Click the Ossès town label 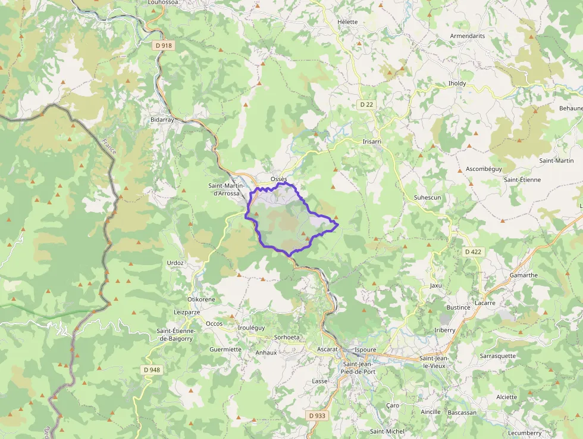pos(278,179)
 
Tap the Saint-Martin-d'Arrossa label pos(231,189)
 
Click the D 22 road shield pos(366,105)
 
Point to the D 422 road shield pos(473,252)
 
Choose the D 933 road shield pos(317,415)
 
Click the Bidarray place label pos(162,120)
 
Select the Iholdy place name pos(457,84)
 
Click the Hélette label pos(347,22)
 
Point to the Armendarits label pos(468,36)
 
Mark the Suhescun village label pos(427,197)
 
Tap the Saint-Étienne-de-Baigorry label pos(175,335)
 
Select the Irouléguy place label pos(251,328)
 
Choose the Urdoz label pos(175,263)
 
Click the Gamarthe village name pos(524,275)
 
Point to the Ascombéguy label pos(484,169)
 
